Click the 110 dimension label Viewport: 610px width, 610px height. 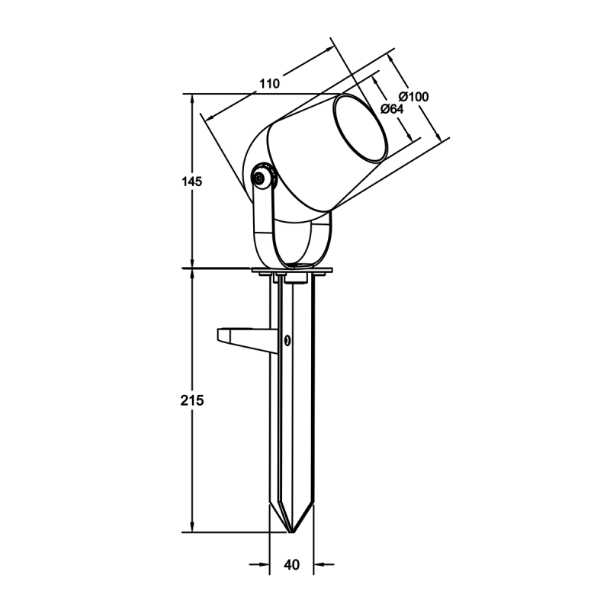pyautogui.click(x=270, y=84)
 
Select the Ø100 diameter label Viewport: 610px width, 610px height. pyautogui.click(x=413, y=97)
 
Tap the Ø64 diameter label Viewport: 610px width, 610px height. pyautogui.click(x=392, y=109)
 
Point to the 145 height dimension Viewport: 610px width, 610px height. pyautogui.click(x=192, y=181)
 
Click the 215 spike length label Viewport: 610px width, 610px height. pyautogui.click(x=192, y=400)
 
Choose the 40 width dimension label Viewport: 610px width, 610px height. pyautogui.click(x=292, y=564)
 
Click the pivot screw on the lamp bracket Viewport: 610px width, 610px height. pyautogui.click(x=258, y=178)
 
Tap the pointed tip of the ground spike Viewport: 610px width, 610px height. pyautogui.click(x=292, y=531)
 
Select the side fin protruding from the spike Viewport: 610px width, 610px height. pyautogui.click(x=247, y=340)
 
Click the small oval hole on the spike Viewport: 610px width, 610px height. pyautogui.click(x=287, y=340)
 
